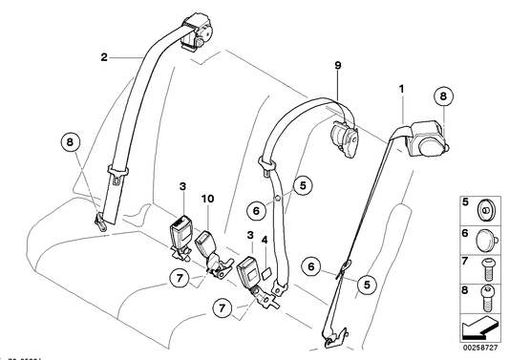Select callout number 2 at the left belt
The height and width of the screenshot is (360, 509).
[104, 57]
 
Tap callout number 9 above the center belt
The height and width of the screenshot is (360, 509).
[337, 67]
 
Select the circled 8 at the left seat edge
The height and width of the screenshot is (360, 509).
[67, 145]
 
